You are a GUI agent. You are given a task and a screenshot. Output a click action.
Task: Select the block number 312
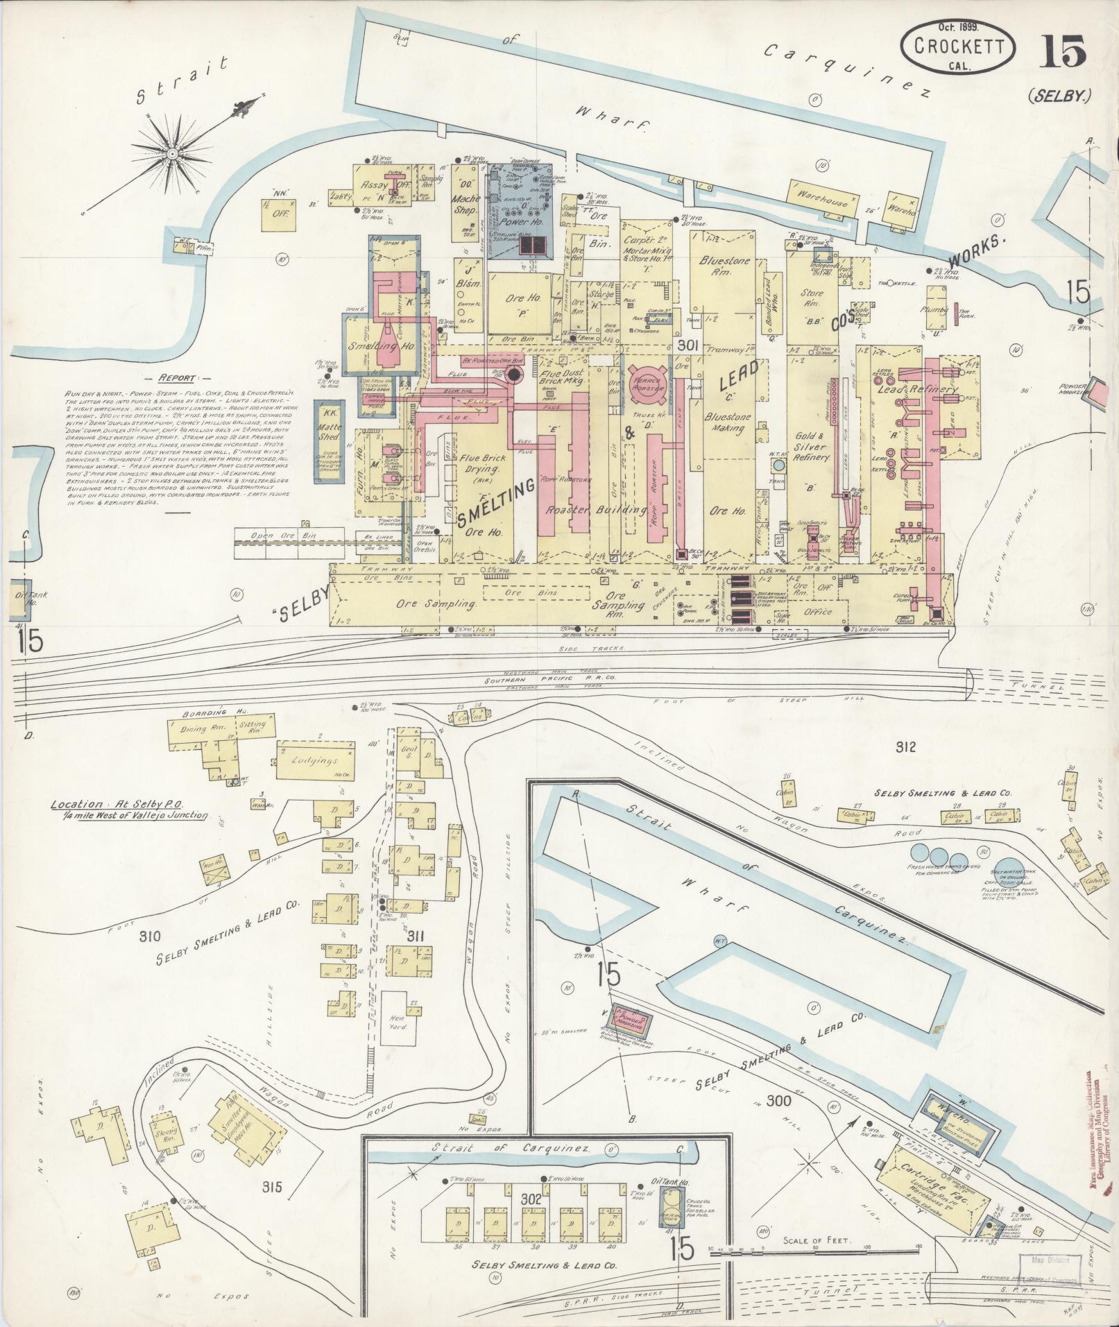pyautogui.click(x=906, y=746)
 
